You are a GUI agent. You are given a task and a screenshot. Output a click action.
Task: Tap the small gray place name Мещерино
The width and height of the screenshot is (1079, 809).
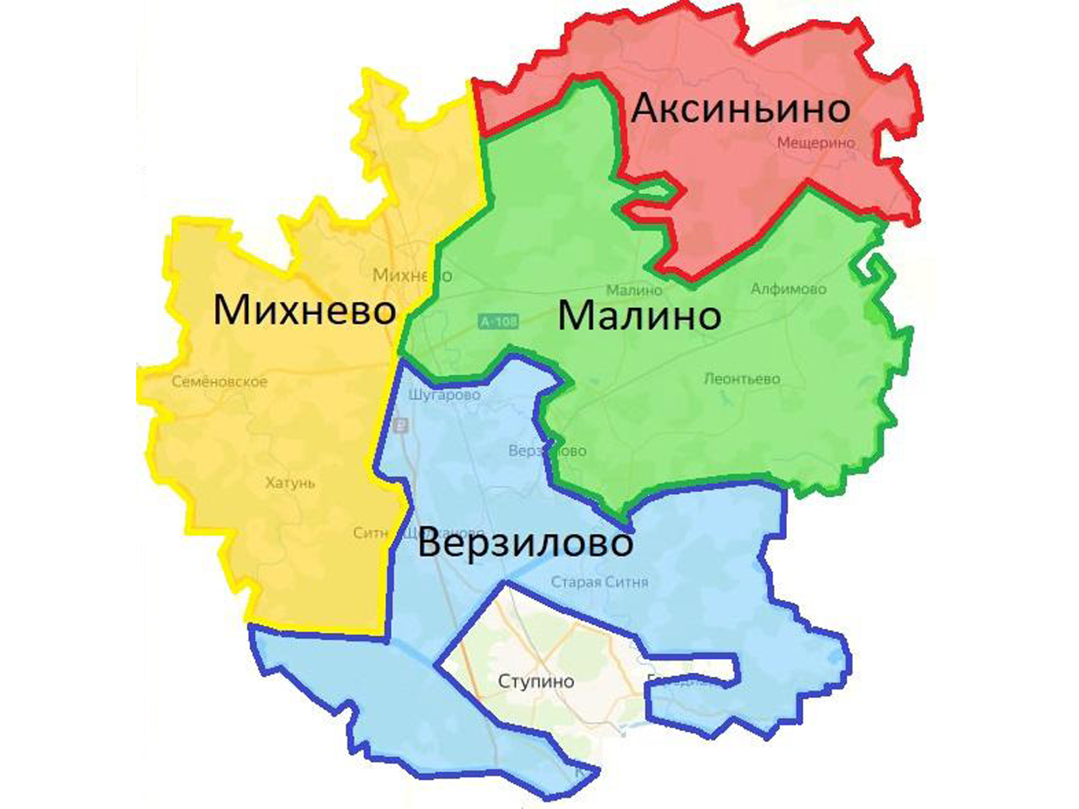tap(816, 143)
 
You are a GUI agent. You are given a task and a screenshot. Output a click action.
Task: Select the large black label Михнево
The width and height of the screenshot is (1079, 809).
tap(304, 311)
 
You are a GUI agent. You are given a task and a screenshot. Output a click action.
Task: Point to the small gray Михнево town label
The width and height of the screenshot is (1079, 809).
tap(411, 276)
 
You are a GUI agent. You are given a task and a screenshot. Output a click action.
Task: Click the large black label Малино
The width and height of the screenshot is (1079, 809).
tap(639, 316)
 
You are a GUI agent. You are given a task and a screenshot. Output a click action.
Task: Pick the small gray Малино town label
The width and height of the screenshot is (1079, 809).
tap(634, 291)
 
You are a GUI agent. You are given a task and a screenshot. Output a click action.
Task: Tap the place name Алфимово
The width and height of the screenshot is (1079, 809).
tap(788, 289)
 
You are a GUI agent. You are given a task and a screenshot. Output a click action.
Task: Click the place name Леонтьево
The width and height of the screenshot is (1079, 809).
tap(742, 379)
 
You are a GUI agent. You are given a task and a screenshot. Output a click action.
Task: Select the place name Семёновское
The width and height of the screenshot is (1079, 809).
tap(219, 382)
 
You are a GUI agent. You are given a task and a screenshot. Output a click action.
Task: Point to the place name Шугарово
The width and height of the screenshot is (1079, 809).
tap(444, 395)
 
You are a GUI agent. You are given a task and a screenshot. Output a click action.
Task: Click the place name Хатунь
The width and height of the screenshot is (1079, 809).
tap(290, 483)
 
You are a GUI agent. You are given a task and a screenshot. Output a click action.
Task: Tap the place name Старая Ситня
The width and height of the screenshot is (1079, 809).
tap(600, 582)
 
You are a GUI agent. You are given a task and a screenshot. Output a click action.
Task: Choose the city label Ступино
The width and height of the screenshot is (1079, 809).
tap(536, 682)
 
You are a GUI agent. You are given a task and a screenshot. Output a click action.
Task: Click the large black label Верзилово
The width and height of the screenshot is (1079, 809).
tap(525, 543)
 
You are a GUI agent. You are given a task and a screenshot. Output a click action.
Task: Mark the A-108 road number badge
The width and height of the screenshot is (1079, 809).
tap(499, 322)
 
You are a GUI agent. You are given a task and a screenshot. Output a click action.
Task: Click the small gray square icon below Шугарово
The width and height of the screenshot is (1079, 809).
tap(402, 425)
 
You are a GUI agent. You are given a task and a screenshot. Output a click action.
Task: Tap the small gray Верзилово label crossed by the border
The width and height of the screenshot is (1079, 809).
tap(547, 451)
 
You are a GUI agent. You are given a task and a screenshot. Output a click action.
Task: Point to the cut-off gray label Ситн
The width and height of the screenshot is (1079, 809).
tap(370, 533)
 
